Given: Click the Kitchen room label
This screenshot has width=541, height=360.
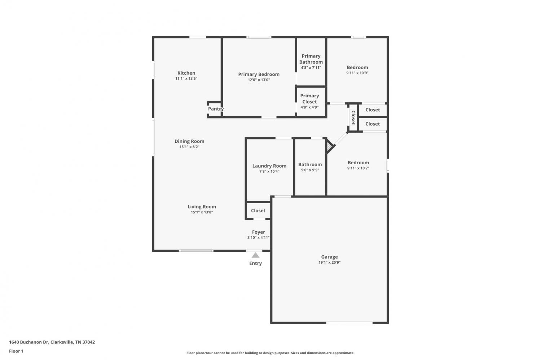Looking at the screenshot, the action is pos(186,73).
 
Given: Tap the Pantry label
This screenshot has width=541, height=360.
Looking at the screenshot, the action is pos(216,109).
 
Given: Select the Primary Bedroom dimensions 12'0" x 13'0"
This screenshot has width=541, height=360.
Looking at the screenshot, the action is pos(259,80).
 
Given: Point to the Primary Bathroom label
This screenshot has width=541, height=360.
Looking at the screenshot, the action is pos(311,59).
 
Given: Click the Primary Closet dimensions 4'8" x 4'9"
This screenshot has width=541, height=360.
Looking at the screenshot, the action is pos(309,107).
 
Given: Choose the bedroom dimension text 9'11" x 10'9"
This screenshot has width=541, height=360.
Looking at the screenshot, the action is pos(357,73).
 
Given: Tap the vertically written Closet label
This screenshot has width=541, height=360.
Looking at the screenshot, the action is pos(353,117).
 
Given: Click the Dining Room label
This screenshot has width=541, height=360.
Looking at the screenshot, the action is pos(189,141).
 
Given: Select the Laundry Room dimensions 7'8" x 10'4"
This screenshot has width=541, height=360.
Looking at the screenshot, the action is pos(269,171).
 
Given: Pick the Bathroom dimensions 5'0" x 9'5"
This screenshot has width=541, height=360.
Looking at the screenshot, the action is pos(310,170).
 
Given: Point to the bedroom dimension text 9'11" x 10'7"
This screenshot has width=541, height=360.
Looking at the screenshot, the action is pos(358,168).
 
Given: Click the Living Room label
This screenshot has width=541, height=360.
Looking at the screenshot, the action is pos(202,206).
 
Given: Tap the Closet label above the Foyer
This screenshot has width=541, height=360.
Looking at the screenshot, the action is pos(258,210).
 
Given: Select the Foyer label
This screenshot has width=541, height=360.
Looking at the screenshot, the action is pos(259,232).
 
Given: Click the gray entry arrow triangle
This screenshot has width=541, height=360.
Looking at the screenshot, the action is pos(255,255).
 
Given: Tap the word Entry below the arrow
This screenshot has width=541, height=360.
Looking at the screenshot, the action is pos(255,263).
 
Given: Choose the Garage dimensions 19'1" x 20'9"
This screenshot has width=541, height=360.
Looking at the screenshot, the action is pos(329,262).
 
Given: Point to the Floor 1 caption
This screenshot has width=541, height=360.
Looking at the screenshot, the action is pos(16,351).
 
